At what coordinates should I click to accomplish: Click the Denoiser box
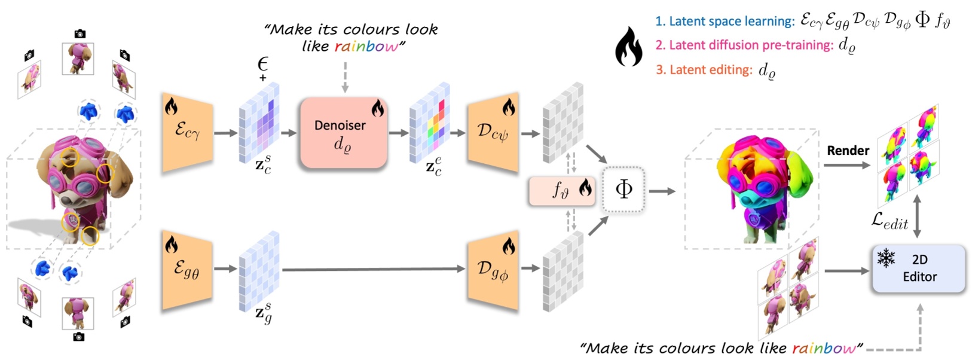pos(343,133)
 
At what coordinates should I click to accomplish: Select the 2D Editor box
pos(919,269)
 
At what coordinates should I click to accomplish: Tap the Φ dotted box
pos(623,190)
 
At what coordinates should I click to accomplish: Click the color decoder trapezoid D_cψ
pos(493,132)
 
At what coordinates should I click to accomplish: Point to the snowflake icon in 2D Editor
pos(886,258)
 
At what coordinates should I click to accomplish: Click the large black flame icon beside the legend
pos(628,48)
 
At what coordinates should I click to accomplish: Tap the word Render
pos(848,151)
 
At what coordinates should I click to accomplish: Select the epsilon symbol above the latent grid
pos(262,63)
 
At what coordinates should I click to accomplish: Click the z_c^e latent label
pos(434,167)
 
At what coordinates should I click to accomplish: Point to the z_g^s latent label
pos(264,314)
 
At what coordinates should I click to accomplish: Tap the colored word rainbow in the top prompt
pos(366,47)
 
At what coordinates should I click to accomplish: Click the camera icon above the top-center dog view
pos(80,34)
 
